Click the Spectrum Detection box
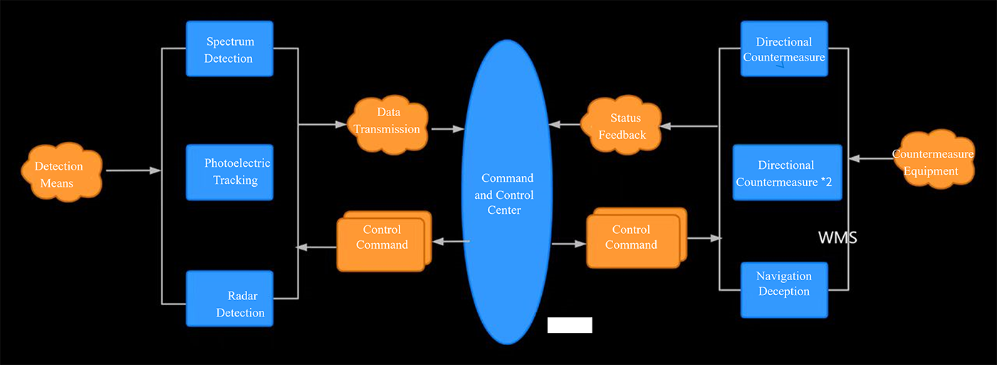point(229,48)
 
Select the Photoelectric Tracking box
point(229,172)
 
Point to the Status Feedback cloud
point(622,126)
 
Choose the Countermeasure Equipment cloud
point(934,160)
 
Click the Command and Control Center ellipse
point(507,192)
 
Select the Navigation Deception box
point(784,289)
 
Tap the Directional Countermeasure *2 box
point(787,173)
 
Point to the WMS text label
point(837,238)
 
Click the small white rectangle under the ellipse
point(570,325)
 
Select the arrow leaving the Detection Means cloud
point(133,171)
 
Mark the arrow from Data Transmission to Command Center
point(447,129)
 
